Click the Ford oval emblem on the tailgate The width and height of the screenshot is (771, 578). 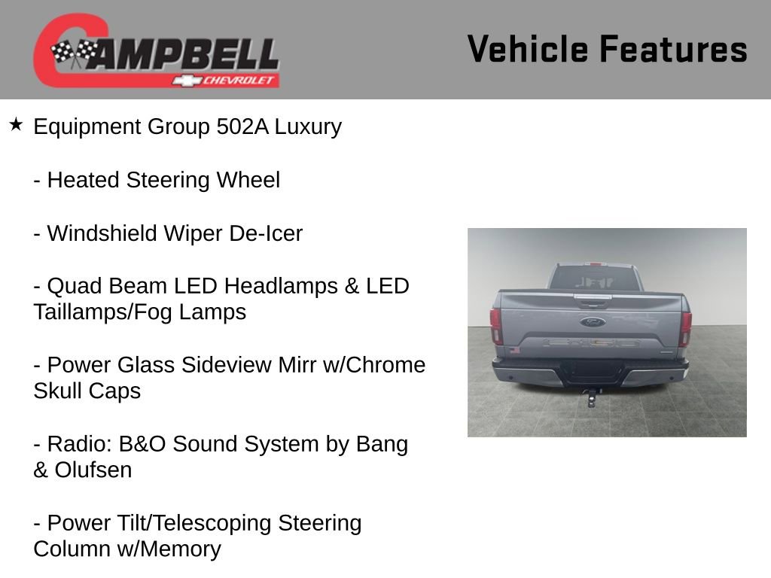pyautogui.click(x=592, y=322)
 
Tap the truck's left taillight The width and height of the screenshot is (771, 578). pyautogui.click(x=496, y=326)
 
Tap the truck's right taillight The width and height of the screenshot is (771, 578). pyautogui.click(x=686, y=327)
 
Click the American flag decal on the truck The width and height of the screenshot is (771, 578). pyautogui.click(x=514, y=350)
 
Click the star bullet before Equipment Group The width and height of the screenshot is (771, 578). pyautogui.click(x=17, y=124)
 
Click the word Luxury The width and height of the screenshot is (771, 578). pyautogui.click(x=308, y=127)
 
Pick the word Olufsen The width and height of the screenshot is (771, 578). pyautogui.click(x=93, y=470)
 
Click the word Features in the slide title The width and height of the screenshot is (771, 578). pyautogui.click(x=673, y=49)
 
